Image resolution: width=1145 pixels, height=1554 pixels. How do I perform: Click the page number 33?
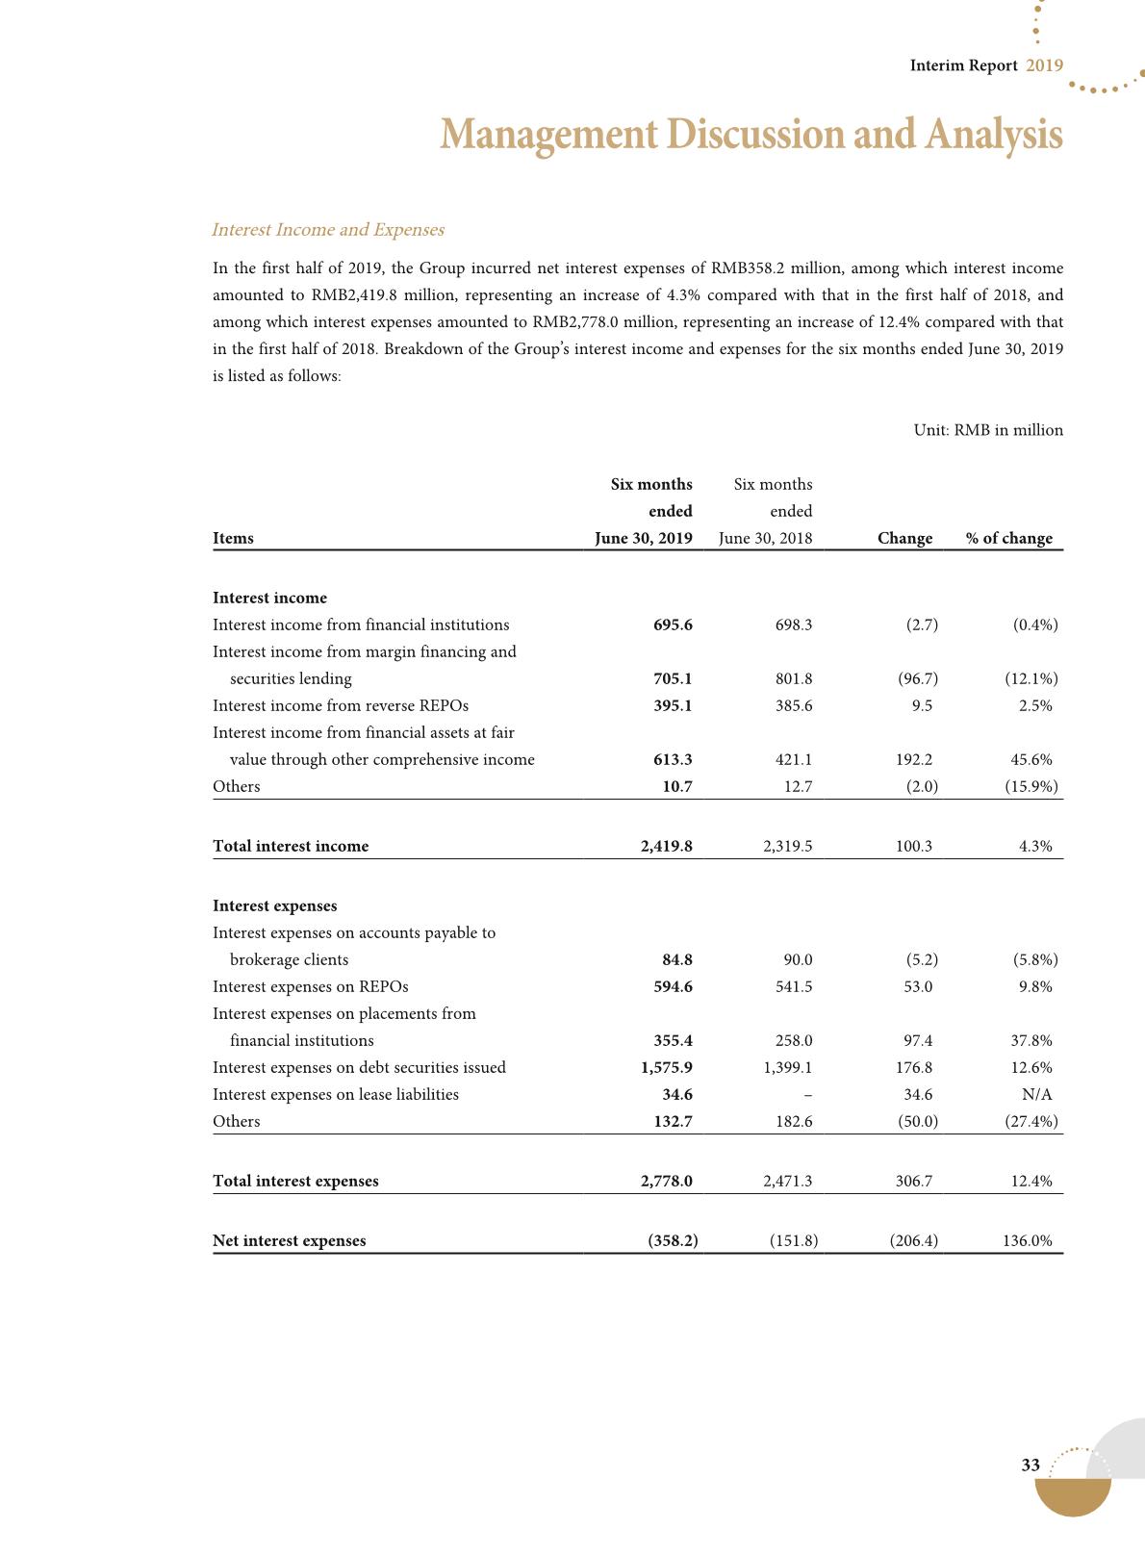click(x=1030, y=1465)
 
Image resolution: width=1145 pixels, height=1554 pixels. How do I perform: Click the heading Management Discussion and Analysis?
click(x=751, y=135)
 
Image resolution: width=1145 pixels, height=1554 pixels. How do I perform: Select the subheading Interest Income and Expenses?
click(x=327, y=230)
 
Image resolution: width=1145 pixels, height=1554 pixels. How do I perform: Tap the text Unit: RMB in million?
click(x=988, y=430)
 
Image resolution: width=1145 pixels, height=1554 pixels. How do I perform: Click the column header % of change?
click(x=1009, y=539)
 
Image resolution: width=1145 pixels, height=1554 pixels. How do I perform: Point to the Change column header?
click(x=904, y=539)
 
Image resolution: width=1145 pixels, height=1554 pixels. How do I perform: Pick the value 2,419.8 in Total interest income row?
click(x=666, y=847)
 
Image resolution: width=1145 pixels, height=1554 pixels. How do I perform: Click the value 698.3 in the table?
click(x=793, y=625)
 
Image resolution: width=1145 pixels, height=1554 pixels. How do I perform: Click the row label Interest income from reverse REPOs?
click(x=341, y=706)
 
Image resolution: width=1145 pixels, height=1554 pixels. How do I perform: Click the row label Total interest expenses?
click(x=295, y=1182)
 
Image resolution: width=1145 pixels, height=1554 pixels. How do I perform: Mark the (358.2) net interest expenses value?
click(x=673, y=1241)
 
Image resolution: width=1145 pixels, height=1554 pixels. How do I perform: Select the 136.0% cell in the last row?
click(x=1027, y=1241)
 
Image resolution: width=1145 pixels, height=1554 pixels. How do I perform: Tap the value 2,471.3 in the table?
click(x=787, y=1182)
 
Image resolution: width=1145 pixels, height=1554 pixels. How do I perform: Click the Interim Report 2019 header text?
click(x=986, y=65)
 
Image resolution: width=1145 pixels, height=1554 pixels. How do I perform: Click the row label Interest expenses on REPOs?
click(x=310, y=987)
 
